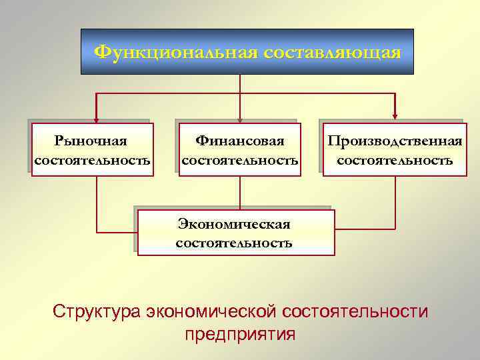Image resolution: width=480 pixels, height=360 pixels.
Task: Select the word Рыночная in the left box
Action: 91,141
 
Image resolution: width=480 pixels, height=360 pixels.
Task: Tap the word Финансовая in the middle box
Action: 239,141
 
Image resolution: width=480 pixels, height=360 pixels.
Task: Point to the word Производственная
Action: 395,141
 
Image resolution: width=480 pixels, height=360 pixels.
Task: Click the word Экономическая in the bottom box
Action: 233,223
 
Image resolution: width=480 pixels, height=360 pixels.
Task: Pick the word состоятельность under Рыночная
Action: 92,161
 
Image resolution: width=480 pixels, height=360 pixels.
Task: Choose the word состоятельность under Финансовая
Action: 239,161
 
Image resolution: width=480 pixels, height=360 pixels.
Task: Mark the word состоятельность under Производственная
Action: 395,161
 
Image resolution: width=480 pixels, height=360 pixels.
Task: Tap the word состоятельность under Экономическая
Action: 233,243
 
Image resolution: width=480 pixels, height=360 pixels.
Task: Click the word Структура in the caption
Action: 97,311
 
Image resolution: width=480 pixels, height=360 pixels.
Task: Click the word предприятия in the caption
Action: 240,333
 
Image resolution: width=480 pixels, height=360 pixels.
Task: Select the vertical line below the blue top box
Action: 239,83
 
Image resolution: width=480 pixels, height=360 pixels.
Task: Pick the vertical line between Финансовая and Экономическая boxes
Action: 239,193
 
